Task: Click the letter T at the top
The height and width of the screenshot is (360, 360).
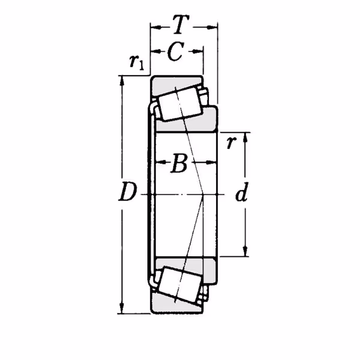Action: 181,25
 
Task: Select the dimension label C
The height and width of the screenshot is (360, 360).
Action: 176,52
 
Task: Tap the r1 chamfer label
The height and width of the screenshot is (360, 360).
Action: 136,62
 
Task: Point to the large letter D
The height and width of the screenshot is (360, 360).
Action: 128,191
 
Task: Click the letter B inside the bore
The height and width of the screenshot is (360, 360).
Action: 179,163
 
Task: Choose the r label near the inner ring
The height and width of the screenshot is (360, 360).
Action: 231,143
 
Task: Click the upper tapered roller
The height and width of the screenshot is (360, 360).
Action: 181,104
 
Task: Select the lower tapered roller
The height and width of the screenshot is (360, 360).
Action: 181,284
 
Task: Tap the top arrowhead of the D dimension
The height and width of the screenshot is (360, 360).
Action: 122,80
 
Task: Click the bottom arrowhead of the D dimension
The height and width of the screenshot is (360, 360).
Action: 122,309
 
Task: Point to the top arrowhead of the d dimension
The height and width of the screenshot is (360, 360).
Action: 245,137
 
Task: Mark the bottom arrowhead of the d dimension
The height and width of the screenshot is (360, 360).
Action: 245,251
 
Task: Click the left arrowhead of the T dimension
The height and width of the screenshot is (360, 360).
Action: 155,28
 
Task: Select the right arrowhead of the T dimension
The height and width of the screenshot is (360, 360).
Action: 212,28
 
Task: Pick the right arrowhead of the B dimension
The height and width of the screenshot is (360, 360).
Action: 212,163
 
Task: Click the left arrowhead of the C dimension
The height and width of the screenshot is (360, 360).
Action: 155,52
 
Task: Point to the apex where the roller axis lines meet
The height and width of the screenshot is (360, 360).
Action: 203,194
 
